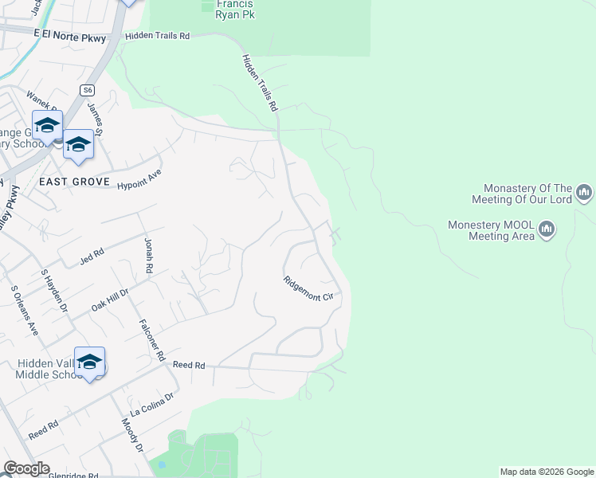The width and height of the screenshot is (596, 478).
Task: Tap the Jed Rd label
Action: click(x=92, y=257)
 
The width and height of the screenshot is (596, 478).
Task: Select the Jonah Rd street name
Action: click(x=148, y=256)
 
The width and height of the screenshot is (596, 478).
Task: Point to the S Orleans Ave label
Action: click(x=24, y=310)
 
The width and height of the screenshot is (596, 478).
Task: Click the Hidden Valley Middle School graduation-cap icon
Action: click(x=90, y=361)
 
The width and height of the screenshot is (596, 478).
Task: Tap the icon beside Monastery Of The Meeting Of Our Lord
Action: click(x=584, y=192)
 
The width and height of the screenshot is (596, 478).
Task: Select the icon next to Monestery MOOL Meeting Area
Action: click(x=547, y=230)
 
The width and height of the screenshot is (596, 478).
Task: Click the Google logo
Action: click(x=27, y=468)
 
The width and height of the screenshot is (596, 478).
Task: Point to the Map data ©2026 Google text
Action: click(x=547, y=472)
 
